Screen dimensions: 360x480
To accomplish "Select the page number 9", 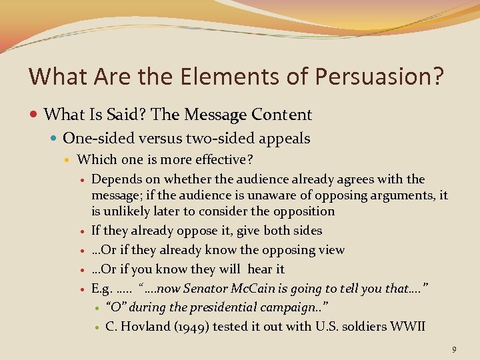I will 453,349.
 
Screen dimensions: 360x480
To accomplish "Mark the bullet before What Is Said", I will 34,115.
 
